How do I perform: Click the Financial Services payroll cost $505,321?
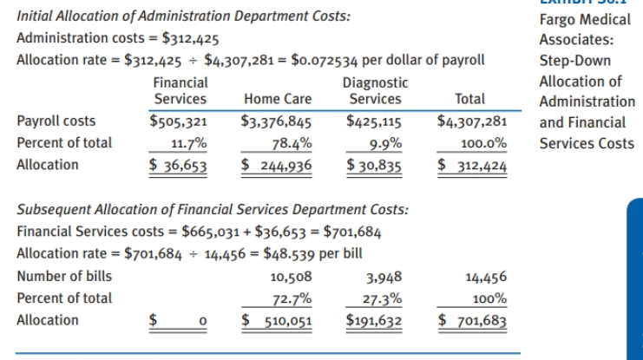(x=180, y=121)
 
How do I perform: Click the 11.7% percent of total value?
(x=188, y=143)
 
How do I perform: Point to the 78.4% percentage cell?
(x=285, y=143)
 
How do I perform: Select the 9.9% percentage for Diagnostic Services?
(x=384, y=143)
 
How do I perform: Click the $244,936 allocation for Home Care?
(x=277, y=165)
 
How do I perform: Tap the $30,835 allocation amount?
(x=374, y=165)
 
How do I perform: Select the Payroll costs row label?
(x=57, y=121)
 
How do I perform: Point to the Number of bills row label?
(x=65, y=277)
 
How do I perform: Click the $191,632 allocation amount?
(x=374, y=320)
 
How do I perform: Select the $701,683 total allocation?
(x=472, y=320)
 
